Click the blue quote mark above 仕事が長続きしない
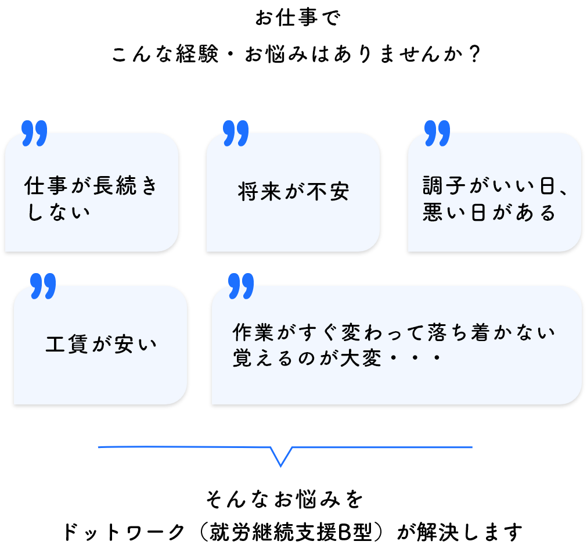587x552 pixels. (x=34, y=133)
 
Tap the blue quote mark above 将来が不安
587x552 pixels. (x=236, y=133)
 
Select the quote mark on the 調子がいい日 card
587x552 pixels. (x=437, y=133)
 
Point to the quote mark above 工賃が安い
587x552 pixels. (x=43, y=285)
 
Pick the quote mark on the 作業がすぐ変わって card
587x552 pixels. (x=241, y=285)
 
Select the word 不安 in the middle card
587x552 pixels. (x=330, y=192)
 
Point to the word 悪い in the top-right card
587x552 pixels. (x=442, y=213)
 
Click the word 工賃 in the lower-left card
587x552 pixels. (x=65, y=345)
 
